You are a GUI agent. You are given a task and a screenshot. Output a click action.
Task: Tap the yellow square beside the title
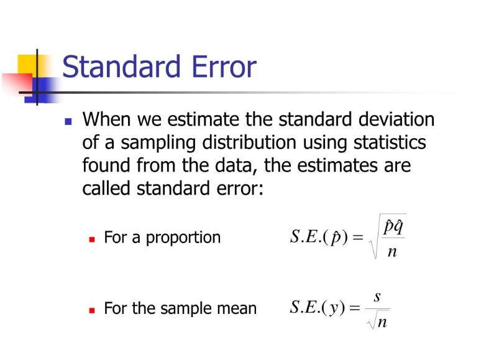coord(28,66)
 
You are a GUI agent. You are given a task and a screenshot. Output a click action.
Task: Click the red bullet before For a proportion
coord(92,238)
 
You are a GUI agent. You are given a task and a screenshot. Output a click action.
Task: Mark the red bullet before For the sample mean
coord(92,308)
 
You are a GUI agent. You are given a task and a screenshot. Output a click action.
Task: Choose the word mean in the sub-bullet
coord(237,308)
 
